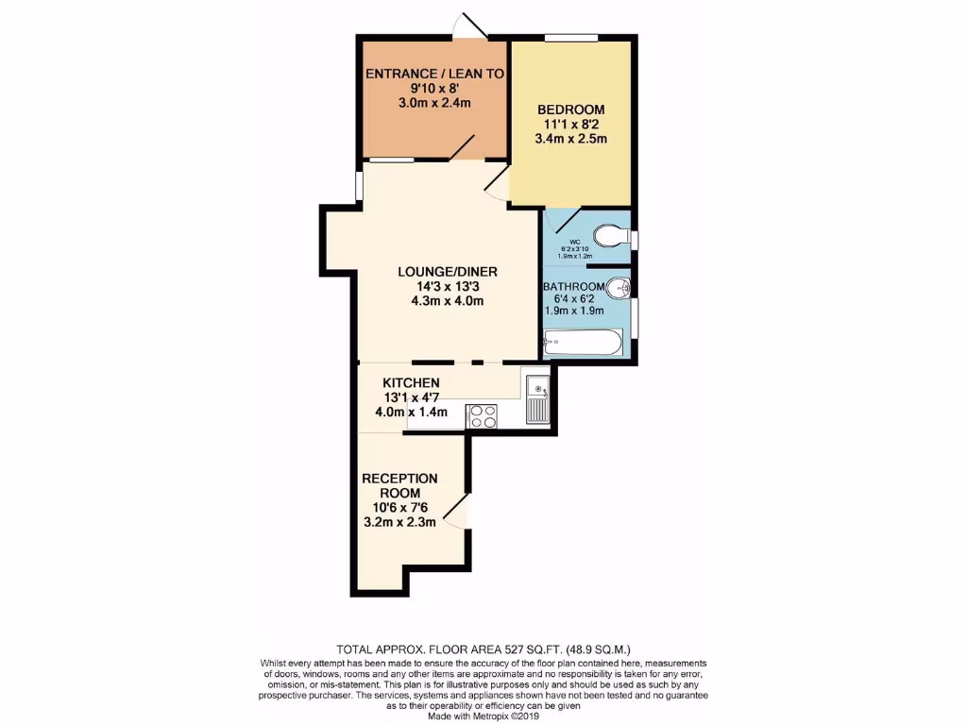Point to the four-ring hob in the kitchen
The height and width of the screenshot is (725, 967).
(x=482, y=415)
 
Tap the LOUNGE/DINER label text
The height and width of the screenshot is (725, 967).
(x=447, y=272)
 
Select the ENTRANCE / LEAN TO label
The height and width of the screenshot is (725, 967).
(x=434, y=73)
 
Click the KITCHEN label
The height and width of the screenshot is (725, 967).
(x=411, y=382)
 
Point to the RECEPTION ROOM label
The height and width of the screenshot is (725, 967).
(x=399, y=485)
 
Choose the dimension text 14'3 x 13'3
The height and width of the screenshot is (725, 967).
(x=447, y=287)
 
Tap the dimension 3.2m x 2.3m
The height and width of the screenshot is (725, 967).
(x=399, y=521)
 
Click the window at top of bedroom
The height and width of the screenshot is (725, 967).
(x=570, y=38)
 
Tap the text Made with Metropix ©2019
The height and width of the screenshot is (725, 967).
(x=483, y=715)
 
